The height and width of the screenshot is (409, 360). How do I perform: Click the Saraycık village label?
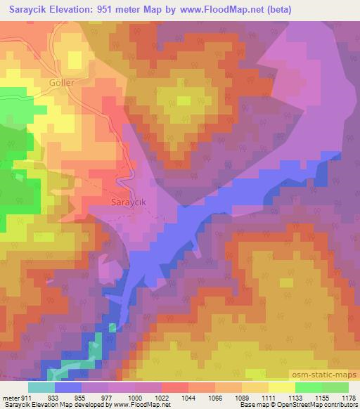[129, 202]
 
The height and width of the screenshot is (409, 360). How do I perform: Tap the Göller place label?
[61, 82]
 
